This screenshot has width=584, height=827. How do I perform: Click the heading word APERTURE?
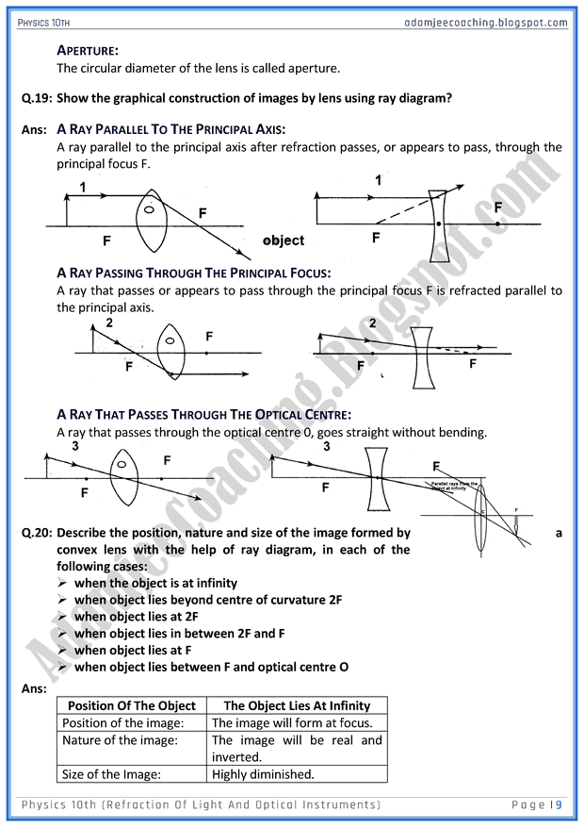tap(88, 50)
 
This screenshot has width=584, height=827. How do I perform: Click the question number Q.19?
tap(37, 98)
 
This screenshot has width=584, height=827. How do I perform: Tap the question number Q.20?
tap(37, 533)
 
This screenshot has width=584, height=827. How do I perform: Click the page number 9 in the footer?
tap(559, 804)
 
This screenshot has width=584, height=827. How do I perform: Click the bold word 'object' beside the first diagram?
tap(284, 240)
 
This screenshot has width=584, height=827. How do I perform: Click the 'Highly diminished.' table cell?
tap(263, 774)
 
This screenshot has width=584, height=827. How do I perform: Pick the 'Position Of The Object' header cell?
tap(132, 705)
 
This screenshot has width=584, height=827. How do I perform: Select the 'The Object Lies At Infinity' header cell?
tap(297, 705)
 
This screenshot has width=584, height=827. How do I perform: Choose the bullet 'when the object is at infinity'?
tap(155, 583)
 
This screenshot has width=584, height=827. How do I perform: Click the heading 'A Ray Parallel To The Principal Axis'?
tap(170, 129)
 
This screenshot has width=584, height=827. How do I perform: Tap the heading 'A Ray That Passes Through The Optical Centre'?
tap(203, 414)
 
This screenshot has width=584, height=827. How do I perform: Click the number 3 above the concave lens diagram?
tap(327, 447)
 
